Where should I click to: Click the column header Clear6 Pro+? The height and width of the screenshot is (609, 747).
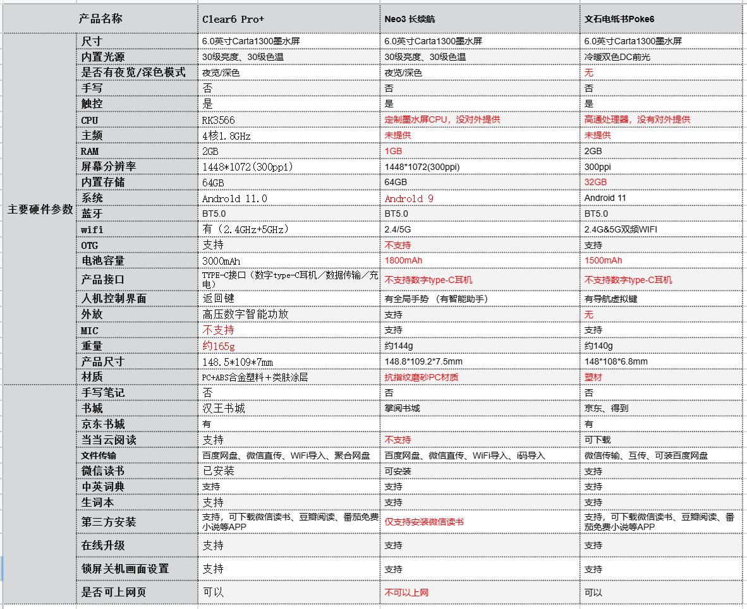pos(233,19)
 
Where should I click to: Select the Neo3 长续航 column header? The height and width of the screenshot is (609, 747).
pos(410,19)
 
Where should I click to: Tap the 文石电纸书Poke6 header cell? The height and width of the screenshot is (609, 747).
pos(619,19)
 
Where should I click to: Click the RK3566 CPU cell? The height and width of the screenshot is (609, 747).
pos(219,120)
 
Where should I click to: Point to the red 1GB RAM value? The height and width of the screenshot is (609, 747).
pos(393,151)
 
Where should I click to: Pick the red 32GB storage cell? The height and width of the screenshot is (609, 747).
pos(595,182)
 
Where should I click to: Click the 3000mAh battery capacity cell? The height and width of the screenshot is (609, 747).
pos(221,261)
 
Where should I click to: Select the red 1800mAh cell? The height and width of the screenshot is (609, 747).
pos(403,260)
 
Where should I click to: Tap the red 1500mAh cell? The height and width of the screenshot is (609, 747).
pos(603,260)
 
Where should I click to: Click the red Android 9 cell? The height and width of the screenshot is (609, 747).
pos(409,198)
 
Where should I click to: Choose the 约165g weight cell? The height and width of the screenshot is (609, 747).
pos(219,346)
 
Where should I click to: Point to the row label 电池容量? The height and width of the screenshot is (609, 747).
pos(103,260)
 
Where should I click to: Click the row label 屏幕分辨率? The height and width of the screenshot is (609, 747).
pos(108,166)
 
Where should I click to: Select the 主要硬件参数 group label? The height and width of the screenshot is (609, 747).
pos(40,210)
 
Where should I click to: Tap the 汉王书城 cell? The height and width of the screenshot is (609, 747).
pos(224,408)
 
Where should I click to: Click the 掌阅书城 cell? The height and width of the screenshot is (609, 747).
pos(402,408)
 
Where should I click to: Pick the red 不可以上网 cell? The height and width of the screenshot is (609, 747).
pos(406,593)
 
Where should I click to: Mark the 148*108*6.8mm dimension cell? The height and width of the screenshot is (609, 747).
pos(616,361)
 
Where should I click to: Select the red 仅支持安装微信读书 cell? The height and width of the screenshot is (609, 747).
pos(424,522)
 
